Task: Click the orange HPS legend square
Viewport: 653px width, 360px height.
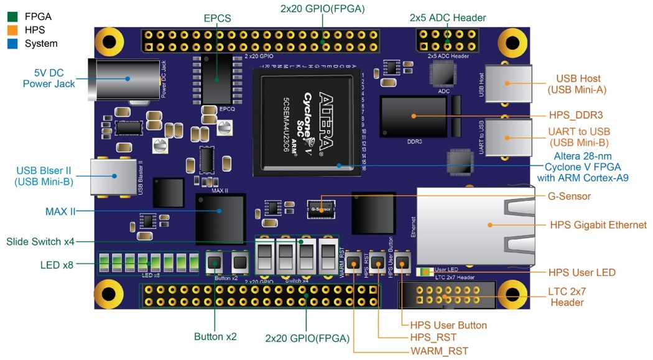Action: click(x=12, y=29)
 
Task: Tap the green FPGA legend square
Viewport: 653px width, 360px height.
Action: click(x=12, y=16)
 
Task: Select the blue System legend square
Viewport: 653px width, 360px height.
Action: click(x=12, y=44)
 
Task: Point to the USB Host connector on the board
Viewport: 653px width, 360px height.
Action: click(x=508, y=83)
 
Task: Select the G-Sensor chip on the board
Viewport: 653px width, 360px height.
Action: click(x=320, y=208)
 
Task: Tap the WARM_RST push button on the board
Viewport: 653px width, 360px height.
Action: click(x=355, y=262)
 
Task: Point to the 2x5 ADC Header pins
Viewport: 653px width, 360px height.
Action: click(x=447, y=40)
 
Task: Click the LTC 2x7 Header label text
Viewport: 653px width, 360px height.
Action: click(x=567, y=297)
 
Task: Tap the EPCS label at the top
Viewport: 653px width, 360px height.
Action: click(x=217, y=19)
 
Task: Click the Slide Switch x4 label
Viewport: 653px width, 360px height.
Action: click(x=40, y=241)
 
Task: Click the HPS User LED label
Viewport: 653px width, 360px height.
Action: click(x=581, y=272)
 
